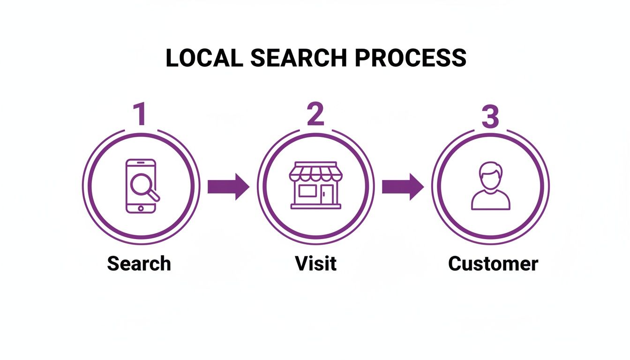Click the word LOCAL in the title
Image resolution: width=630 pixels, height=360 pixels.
click(204, 58)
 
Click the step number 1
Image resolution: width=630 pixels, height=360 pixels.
click(139, 115)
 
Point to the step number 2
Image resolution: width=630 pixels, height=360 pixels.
click(315, 115)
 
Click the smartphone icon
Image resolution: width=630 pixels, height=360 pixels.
click(141, 186)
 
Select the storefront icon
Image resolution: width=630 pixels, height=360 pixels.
click(315, 186)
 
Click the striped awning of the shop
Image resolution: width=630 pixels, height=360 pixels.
click(315, 172)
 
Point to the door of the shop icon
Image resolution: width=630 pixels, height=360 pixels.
click(327, 195)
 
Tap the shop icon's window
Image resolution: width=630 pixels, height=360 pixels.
click(307, 191)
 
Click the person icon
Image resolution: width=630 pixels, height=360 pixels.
click(490, 186)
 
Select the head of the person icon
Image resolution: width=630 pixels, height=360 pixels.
click(490, 174)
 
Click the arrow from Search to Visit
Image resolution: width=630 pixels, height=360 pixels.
click(228, 187)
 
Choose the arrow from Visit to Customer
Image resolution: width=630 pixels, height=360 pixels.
click(403, 187)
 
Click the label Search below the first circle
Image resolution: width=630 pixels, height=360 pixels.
click(139, 263)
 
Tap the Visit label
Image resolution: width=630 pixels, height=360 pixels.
click(315, 263)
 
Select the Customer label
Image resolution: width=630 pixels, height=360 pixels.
click(493, 263)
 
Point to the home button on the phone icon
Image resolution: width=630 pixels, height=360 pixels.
click(141, 207)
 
